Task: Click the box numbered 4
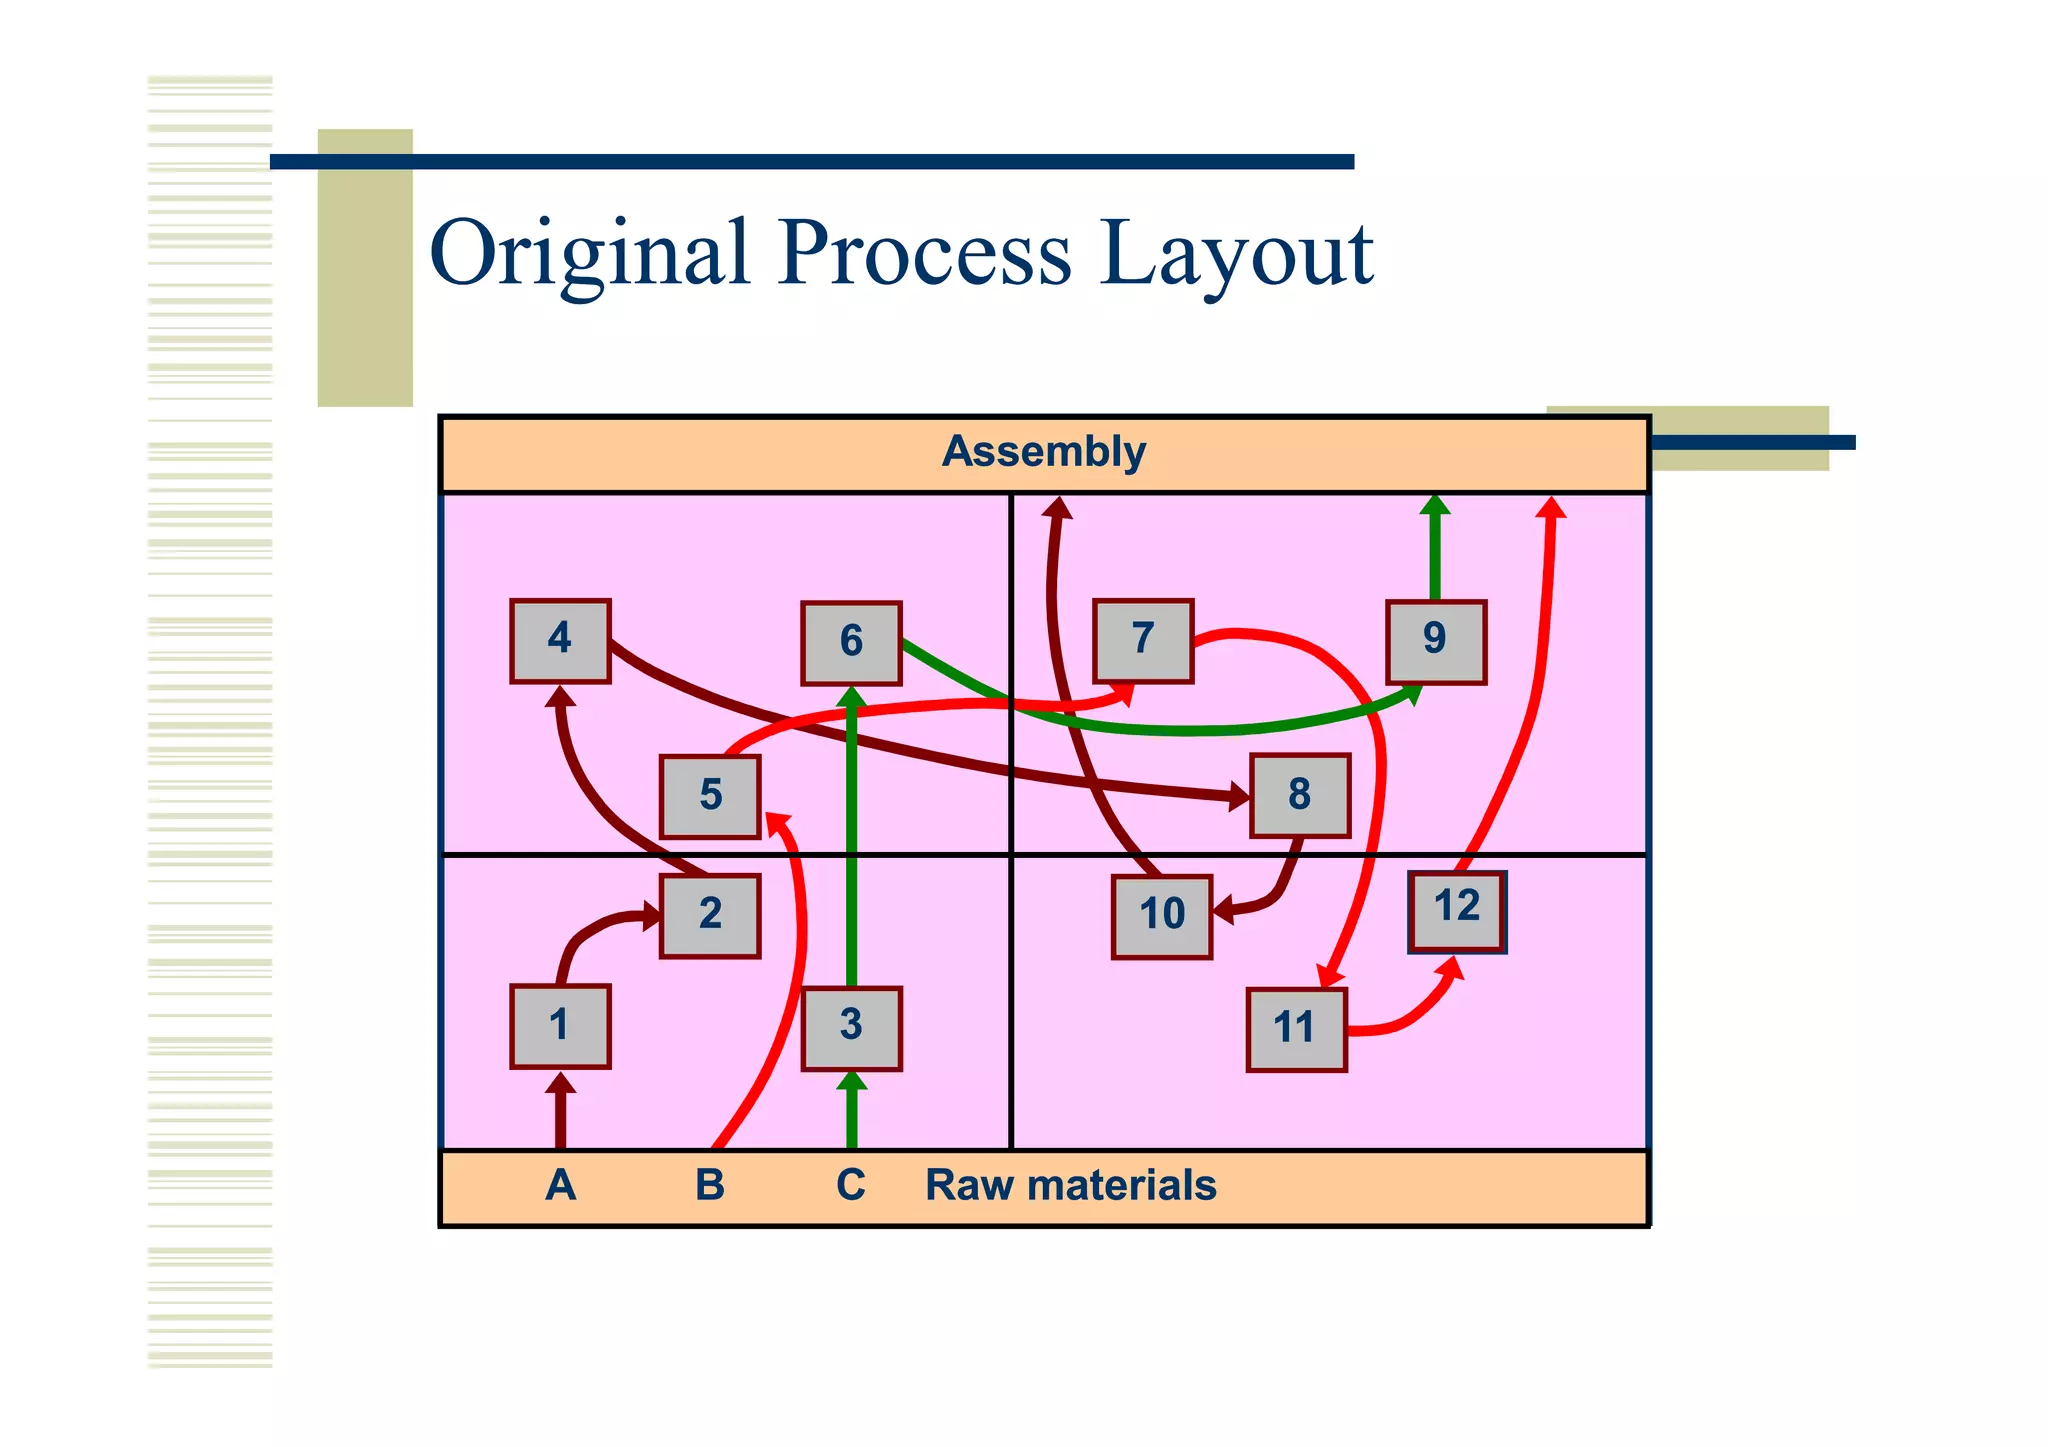[560, 640]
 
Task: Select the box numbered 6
[851, 642]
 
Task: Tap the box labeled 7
[1143, 640]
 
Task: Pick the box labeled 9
[1435, 641]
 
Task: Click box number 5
[710, 796]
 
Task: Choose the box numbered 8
[1299, 795]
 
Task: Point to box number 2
[710, 915]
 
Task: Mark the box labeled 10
[1162, 916]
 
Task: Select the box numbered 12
[1456, 910]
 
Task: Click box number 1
[560, 1026]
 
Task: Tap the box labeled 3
[851, 1027]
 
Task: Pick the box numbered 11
[1296, 1029]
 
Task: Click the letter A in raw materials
[561, 1186]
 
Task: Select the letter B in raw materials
[709, 1186]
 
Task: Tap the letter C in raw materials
[851, 1186]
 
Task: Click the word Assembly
[1043, 452]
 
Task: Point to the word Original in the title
[590, 254]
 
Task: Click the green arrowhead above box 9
[1435, 505]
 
